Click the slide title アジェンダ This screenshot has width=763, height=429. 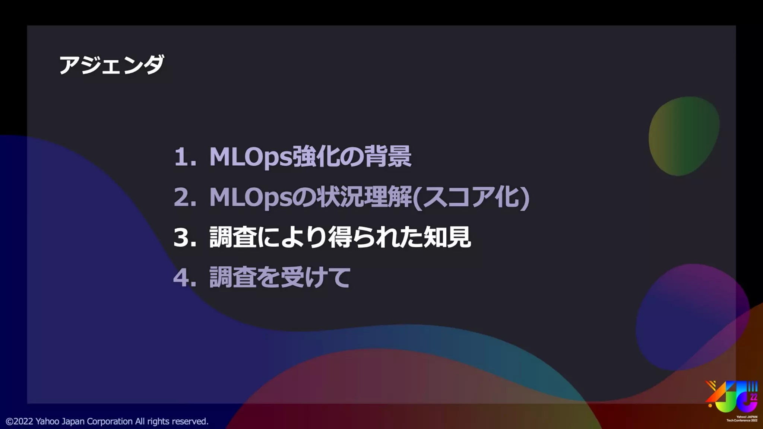pyautogui.click(x=111, y=65)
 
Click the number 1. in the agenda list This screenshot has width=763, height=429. pyautogui.click(x=185, y=157)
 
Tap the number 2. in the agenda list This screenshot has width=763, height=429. pyautogui.click(x=185, y=197)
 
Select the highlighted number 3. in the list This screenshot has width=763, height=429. pyautogui.click(x=185, y=238)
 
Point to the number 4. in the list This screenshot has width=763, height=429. pyautogui.click(x=185, y=278)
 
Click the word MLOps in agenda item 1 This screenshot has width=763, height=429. pyautogui.click(x=250, y=157)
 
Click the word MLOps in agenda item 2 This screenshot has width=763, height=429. pyautogui.click(x=250, y=197)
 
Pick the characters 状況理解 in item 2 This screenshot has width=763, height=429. pyautogui.click(x=364, y=197)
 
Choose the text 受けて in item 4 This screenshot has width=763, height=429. pyautogui.click(x=315, y=278)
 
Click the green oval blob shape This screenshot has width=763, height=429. pyautogui.click(x=684, y=136)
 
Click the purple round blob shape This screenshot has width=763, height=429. pyautogui.click(x=692, y=317)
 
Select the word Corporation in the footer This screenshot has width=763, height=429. pyautogui.click(x=110, y=421)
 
